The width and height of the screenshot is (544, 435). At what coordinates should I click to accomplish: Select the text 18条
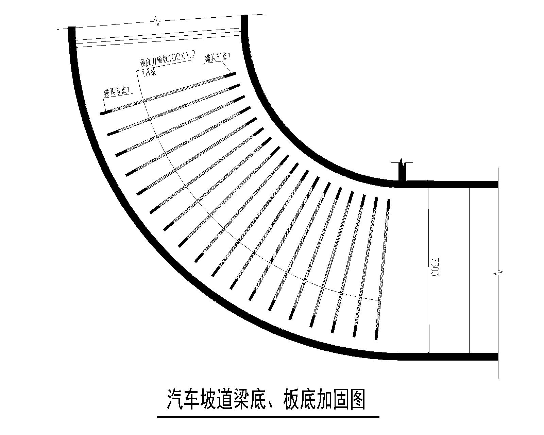click(149, 73)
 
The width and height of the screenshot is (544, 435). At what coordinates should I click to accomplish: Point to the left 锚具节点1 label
click(118, 91)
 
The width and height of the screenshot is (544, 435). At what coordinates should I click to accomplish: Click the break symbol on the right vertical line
click(498, 273)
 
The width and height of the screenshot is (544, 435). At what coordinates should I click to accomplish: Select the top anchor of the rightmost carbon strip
click(389, 205)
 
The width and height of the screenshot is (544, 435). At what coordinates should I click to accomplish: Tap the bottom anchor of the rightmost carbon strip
click(377, 334)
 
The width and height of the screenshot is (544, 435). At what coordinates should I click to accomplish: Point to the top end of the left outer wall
click(72, 27)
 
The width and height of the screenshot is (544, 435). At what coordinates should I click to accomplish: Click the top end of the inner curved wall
click(245, 16)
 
